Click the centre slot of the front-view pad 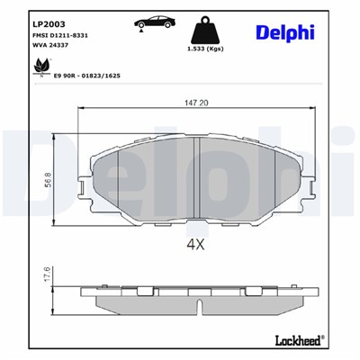[x=196, y=180]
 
